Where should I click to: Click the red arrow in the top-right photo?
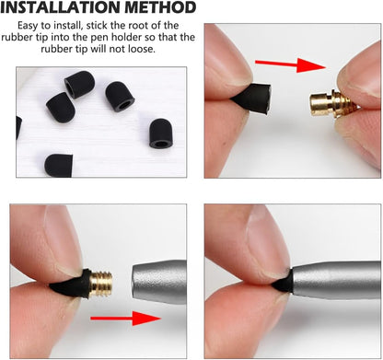click(291, 64)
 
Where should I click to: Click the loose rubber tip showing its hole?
click(161, 133)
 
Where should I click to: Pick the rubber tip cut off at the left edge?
click(19, 128)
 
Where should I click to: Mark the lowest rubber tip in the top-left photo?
click(59, 164)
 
